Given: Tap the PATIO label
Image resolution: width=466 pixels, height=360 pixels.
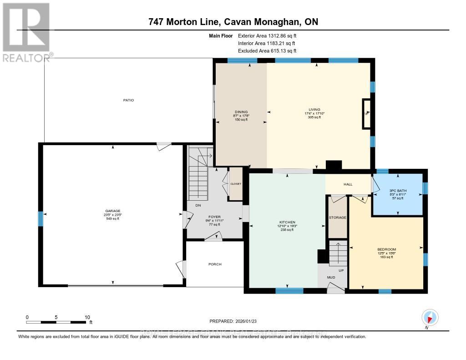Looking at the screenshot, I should [x=128, y=100].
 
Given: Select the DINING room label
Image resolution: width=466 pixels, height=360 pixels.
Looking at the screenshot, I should [x=241, y=112].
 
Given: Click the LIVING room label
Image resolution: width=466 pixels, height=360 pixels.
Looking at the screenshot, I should [x=314, y=110].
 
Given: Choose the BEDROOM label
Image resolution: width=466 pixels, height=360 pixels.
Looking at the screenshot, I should [x=386, y=249].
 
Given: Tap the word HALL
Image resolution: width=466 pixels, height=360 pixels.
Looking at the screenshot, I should [x=348, y=184].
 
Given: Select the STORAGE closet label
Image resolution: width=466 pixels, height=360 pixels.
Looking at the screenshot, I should [x=338, y=218].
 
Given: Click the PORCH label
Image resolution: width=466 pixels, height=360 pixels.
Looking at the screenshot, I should [x=215, y=264].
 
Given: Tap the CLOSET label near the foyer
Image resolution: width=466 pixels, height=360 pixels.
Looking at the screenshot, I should [x=236, y=184].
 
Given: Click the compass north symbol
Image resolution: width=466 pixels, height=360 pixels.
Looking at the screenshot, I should [x=429, y=317].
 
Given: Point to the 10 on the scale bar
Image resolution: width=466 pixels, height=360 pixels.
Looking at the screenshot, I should [x=87, y=317].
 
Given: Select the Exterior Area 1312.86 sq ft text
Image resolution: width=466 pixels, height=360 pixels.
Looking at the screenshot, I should [x=267, y=35].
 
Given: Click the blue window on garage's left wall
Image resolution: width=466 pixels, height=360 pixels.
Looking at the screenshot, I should [x=41, y=219].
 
